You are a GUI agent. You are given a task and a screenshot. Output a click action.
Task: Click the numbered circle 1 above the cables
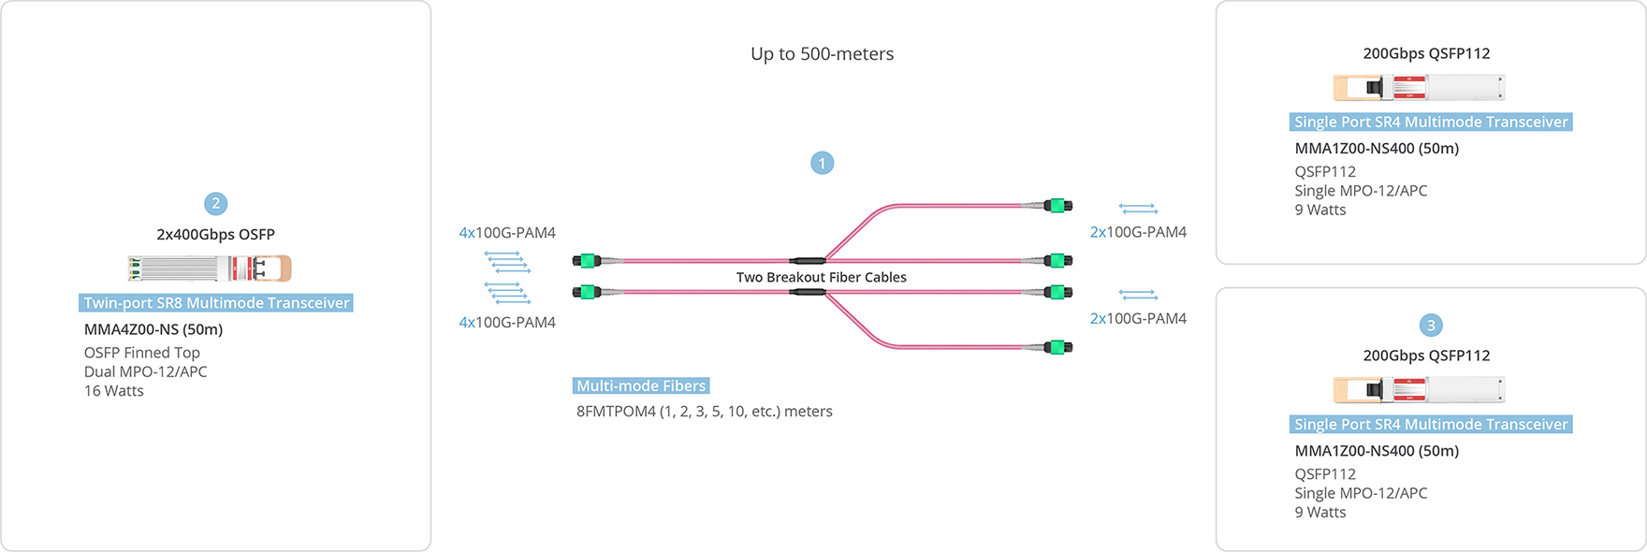[x=822, y=164]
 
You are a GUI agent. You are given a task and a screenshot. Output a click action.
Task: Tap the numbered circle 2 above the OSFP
[x=215, y=204]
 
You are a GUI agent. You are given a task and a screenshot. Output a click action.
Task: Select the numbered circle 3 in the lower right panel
[x=1430, y=326]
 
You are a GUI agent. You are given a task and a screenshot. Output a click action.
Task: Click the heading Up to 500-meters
[x=822, y=54]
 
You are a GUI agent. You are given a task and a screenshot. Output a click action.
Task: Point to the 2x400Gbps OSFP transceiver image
[x=210, y=269]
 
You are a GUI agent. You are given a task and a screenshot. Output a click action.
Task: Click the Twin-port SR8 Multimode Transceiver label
[x=216, y=303]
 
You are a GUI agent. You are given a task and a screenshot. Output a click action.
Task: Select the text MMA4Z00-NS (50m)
[x=153, y=329]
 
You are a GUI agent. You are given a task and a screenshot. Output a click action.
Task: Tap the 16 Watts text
[x=114, y=391]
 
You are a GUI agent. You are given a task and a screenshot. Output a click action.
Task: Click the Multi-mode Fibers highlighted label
[x=641, y=385]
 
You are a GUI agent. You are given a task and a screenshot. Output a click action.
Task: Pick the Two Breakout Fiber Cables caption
[x=821, y=277]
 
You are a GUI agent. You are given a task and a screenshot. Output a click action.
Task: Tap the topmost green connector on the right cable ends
[x=1058, y=206]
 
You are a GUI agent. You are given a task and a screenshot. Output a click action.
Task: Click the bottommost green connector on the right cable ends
[x=1058, y=347]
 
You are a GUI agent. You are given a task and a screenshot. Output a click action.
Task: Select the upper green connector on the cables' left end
[x=587, y=261]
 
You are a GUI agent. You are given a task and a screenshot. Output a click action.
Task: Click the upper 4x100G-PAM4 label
[x=507, y=233]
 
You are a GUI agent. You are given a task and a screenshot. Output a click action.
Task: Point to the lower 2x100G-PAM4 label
[x=1138, y=319]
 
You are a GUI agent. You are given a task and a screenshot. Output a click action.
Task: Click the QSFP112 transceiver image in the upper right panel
[x=1419, y=88]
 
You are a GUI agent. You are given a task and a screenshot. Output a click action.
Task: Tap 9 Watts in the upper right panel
[x=1320, y=211]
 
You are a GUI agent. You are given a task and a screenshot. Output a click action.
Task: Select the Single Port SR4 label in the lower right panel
[x=1430, y=425]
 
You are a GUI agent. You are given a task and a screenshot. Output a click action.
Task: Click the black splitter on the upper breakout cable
[x=807, y=260]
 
